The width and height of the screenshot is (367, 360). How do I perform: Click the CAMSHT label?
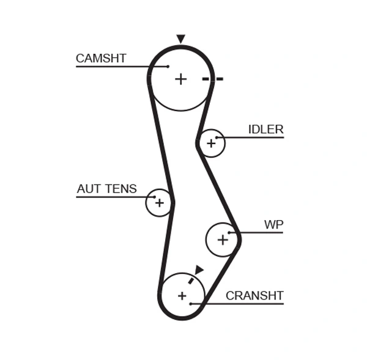101,59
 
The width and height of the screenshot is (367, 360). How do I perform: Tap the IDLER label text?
265,130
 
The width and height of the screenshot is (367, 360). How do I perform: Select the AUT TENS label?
106,189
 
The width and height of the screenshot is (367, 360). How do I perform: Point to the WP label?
273,225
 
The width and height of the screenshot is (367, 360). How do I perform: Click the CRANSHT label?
254,296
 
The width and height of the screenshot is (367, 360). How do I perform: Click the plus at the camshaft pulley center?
180,79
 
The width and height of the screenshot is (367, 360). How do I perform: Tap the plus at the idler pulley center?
211,144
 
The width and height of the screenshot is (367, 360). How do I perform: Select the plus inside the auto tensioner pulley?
159,202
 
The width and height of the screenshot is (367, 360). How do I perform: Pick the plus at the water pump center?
223,240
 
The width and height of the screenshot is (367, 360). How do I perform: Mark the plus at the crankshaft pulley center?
182,296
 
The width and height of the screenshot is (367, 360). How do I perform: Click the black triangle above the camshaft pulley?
180,39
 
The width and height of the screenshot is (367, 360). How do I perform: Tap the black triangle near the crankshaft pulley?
199,270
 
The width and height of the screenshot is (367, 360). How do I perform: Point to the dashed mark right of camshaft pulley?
213,79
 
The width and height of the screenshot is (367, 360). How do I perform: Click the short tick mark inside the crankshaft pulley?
191,280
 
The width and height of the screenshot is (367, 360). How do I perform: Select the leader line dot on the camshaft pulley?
168,66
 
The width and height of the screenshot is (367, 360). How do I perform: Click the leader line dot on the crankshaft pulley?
191,303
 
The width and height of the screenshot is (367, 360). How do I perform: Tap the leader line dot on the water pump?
229,232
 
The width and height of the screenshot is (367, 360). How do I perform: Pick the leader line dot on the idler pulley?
217,137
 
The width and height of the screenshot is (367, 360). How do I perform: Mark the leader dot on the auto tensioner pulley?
154,197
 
